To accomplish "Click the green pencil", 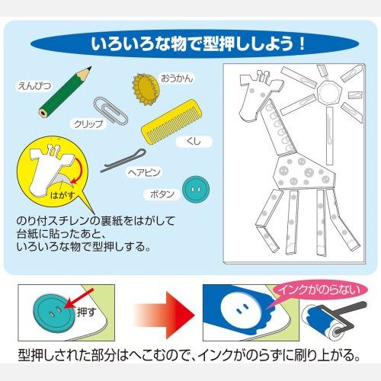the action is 66,92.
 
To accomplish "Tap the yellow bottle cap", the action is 146,89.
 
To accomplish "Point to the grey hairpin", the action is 123,160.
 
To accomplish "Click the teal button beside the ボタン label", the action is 196,190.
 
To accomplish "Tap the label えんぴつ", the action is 34,86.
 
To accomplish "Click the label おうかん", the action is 177,78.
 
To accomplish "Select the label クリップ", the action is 88,124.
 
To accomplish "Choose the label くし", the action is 194,142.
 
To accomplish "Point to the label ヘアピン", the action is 144,173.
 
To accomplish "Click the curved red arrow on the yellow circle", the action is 78,170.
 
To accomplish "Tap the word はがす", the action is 63,195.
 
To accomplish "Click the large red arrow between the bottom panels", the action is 165,315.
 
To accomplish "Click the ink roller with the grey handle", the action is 333,320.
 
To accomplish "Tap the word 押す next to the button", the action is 86,312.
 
